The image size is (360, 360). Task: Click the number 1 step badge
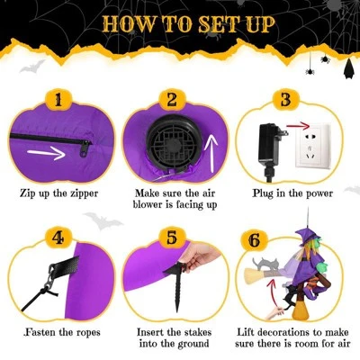pyautogui.click(x=58, y=98)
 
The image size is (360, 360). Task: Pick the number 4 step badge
pyautogui.click(x=58, y=238)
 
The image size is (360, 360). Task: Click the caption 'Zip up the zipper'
pyautogui.click(x=61, y=193)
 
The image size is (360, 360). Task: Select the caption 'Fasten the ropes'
pyautogui.click(x=59, y=332)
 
